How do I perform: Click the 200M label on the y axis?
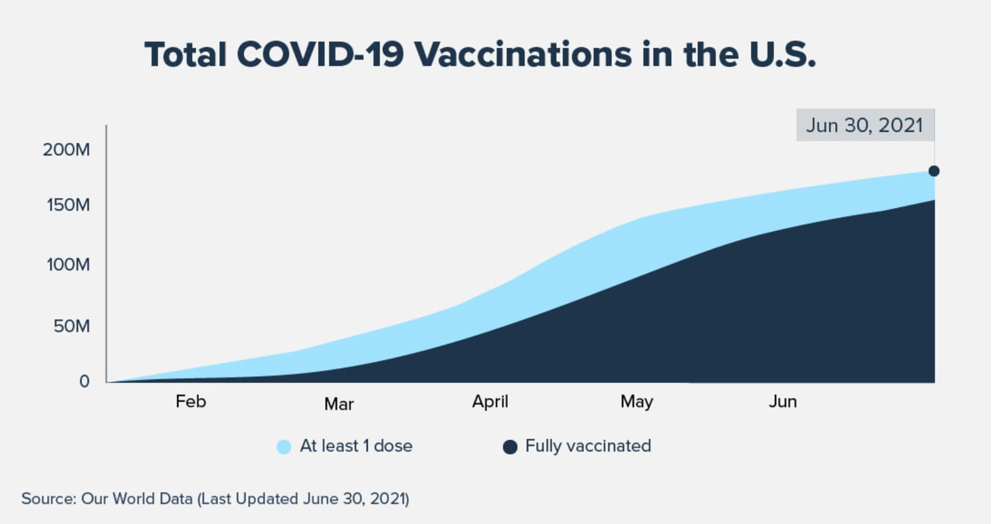tap(66, 150)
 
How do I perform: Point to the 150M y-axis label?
tap(68, 205)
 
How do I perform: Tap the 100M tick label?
tap(68, 265)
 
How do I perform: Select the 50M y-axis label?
tap(72, 326)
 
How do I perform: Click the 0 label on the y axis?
tap(85, 381)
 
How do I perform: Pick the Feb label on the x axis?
tap(191, 401)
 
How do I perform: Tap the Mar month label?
tap(339, 404)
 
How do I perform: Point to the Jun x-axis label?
tap(783, 401)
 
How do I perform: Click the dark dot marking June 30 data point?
tap(934, 171)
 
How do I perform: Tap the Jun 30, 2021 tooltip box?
tap(866, 125)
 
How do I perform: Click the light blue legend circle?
tap(284, 446)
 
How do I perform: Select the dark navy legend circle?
tap(510, 446)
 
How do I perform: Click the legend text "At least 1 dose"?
tap(356, 446)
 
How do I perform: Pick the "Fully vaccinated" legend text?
tap(588, 446)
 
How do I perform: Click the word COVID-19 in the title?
tap(321, 55)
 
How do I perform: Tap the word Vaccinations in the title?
tap(523, 55)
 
